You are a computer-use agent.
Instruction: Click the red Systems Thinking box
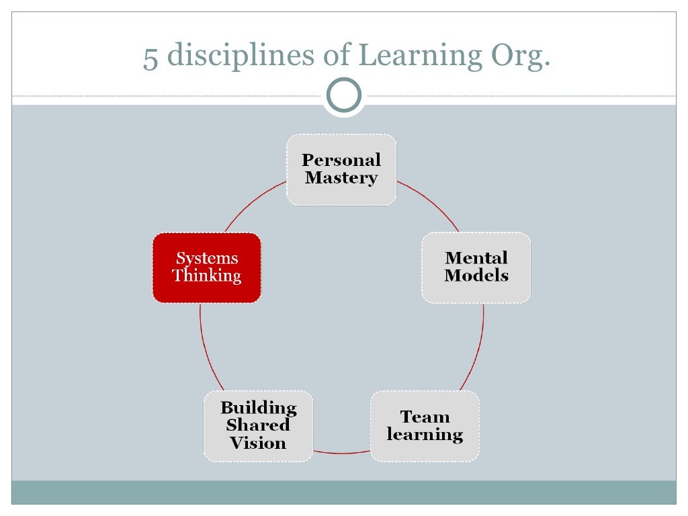206,267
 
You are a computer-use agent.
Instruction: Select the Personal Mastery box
341,169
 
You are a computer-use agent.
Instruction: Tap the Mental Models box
476,267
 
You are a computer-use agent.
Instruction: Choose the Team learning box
425,426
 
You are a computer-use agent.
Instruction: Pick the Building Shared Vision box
258,426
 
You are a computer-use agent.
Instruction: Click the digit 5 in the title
150,57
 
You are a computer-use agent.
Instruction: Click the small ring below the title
343,95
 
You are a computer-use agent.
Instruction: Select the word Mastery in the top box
341,179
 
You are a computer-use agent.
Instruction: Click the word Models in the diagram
476,276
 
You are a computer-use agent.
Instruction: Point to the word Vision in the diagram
258,443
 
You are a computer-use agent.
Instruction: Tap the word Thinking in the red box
206,276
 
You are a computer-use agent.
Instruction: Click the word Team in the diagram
425,417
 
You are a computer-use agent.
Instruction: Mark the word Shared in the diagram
258,425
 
